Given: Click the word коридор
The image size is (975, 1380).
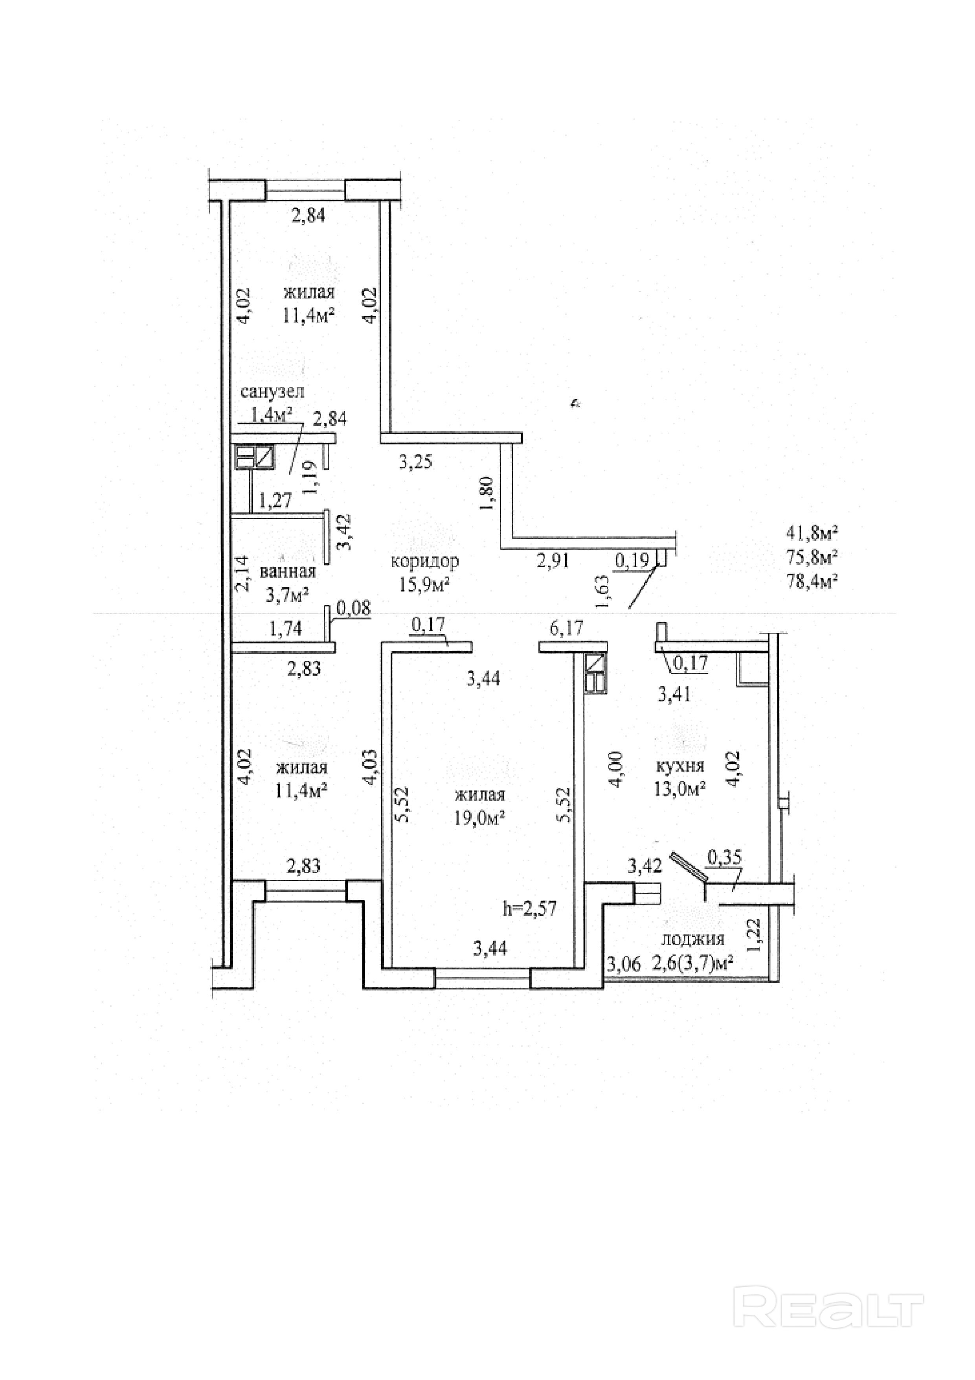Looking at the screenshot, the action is pos(425,561).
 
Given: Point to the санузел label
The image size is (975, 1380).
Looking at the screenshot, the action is pos(272,391).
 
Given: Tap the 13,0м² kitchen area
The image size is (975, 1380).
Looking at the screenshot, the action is pos(679,789).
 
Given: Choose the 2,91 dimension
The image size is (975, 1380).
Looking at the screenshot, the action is pos(553,561).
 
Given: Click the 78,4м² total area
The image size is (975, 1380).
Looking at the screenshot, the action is pos(812,580).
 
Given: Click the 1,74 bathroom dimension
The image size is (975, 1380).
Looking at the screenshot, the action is pos(286,629).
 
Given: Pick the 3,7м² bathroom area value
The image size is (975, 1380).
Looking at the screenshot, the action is pos(287,595).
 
